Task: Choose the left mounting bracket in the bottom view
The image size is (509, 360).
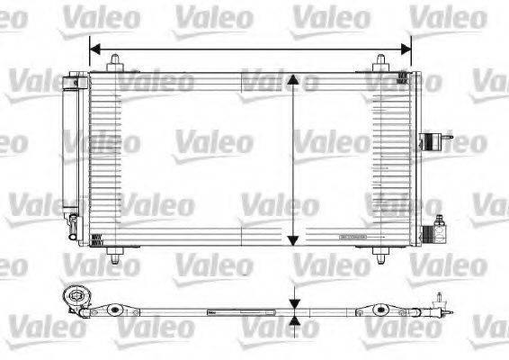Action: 113,312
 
